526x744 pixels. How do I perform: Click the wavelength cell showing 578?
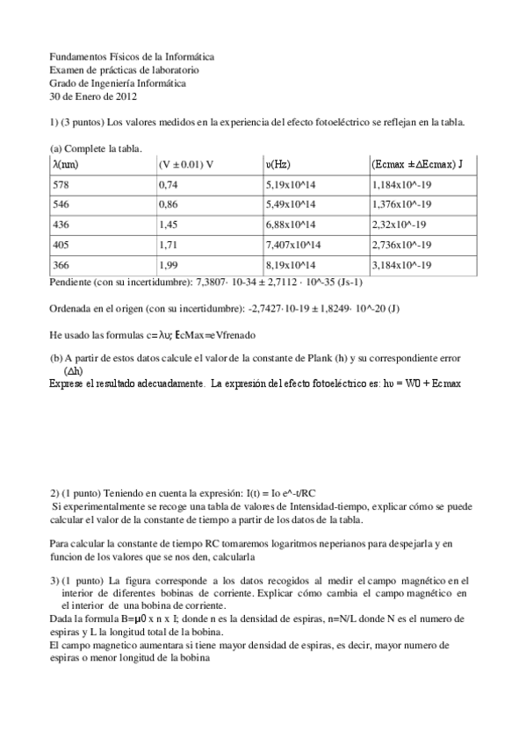click(x=61, y=184)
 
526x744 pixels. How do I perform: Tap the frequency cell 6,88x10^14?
click(x=291, y=225)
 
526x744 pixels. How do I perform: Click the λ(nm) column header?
click(x=66, y=164)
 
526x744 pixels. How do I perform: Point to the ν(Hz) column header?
click(x=278, y=164)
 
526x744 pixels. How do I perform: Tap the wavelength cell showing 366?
click(x=61, y=265)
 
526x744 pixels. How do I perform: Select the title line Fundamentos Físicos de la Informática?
click(x=132, y=57)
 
